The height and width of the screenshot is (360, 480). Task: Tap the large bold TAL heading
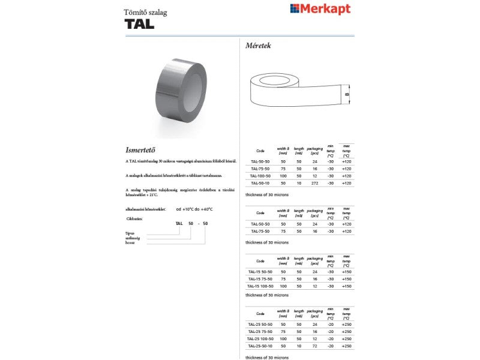click(x=139, y=24)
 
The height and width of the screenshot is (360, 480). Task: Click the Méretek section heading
click(x=259, y=46)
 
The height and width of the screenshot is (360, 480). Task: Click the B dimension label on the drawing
click(x=347, y=94)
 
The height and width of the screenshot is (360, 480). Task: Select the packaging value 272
click(x=314, y=182)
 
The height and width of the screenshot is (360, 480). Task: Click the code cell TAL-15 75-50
click(x=260, y=279)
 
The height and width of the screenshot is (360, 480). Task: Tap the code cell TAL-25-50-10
click(x=260, y=346)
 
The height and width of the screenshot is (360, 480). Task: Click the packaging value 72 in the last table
click(x=314, y=346)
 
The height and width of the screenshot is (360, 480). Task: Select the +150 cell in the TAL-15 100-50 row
click(x=346, y=286)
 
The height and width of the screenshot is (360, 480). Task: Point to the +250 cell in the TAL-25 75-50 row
click(x=346, y=331)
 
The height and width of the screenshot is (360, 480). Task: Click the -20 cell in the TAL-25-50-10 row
click(x=330, y=346)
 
